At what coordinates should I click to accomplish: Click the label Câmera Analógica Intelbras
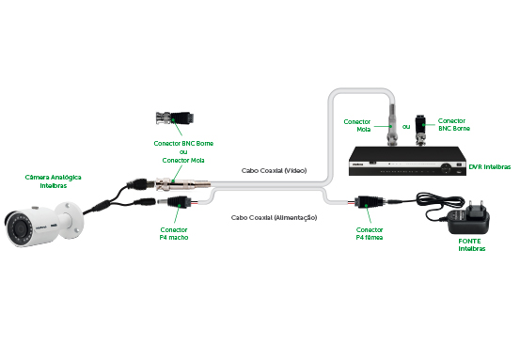point(53,181)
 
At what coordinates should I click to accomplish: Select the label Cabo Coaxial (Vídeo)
point(274,171)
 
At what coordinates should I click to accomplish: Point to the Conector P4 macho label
point(173,233)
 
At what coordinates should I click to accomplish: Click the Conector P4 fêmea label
point(369,233)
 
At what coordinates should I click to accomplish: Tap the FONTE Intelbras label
point(472,245)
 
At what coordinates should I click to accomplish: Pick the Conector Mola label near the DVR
point(356,124)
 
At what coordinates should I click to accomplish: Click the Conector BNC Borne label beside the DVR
point(454,124)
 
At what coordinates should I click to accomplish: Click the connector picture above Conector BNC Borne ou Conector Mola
point(175,119)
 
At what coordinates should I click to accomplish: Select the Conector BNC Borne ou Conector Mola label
point(183,152)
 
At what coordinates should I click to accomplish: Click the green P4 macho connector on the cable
point(177,203)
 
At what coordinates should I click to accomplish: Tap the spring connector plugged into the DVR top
point(389,123)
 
